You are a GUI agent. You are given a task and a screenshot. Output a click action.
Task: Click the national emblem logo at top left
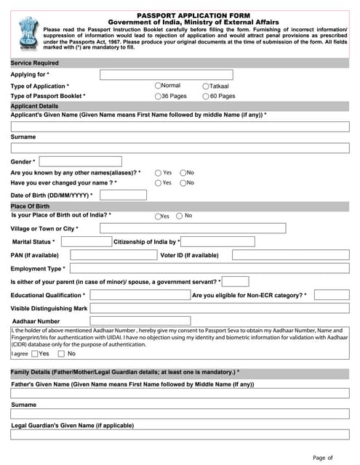[25, 32]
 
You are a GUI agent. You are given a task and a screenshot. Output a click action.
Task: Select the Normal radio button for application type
[158, 86]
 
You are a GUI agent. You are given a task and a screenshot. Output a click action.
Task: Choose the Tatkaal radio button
[206, 86]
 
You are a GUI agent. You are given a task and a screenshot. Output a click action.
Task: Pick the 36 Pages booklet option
[158, 96]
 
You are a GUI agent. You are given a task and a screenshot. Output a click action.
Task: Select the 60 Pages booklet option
[206, 96]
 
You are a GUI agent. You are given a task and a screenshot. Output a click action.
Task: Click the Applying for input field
[166, 75]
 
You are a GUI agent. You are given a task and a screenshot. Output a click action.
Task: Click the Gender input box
[80, 161]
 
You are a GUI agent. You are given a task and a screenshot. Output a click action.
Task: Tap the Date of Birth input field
[122, 195]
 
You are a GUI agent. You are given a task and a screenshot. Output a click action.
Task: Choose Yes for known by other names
[158, 173]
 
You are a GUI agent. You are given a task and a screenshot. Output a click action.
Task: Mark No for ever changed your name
[183, 183]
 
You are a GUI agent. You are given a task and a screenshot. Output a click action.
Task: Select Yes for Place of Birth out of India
[158, 217]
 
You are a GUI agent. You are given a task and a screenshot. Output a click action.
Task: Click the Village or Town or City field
[192, 229]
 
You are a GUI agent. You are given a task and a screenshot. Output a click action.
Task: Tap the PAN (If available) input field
[113, 255]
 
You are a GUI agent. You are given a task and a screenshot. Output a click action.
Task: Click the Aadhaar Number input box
[140, 320]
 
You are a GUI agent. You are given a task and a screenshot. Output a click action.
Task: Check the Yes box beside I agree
[35, 354]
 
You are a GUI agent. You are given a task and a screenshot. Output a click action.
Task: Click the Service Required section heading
[35, 63]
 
